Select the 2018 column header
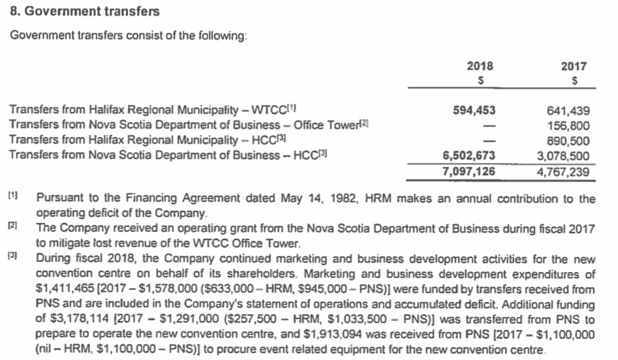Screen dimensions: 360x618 pos(480,67)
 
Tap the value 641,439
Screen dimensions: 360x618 pos(568,110)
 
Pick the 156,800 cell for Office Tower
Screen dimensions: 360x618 pos(568,125)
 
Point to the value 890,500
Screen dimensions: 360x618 pos(568,140)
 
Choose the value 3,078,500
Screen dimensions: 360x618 pos(563,155)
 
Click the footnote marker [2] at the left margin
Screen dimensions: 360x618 pos(13,226)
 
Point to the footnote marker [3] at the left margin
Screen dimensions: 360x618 pos(13,257)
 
